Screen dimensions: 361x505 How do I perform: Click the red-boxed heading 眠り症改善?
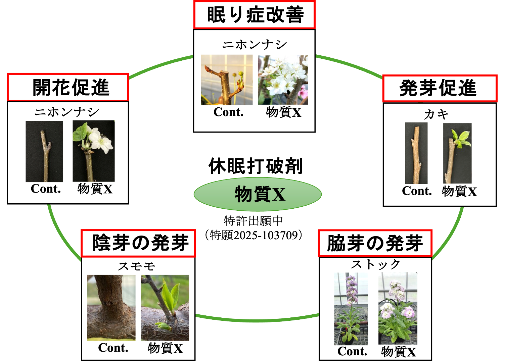pos(254,15)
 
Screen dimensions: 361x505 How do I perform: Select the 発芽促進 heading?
pos(440,89)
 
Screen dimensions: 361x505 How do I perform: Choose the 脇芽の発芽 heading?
pos(375,244)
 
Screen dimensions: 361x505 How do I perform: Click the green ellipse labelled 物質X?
pos(258,194)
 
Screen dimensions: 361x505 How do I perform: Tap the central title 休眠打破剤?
pos(256,166)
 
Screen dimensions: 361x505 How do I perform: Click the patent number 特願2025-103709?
pos(254,235)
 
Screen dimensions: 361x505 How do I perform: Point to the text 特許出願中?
pos(254,221)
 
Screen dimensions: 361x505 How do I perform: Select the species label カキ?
pos(436,114)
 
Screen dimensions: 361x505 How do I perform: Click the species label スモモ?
pos(136,266)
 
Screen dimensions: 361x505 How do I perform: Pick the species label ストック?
pos(375,265)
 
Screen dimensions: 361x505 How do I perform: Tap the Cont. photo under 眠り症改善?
pos(227,80)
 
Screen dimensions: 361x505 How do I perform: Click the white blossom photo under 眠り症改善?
pos(283,80)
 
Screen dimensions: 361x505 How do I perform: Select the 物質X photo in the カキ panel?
pos(457,153)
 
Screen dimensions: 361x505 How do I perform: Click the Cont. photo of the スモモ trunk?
pos(111,308)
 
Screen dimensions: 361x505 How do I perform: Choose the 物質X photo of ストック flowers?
pos(398,308)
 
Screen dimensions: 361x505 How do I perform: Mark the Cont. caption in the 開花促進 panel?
pos(46,189)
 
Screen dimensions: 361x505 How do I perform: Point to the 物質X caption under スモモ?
pos(165,348)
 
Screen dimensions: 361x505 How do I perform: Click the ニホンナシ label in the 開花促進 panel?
pos(67,112)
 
